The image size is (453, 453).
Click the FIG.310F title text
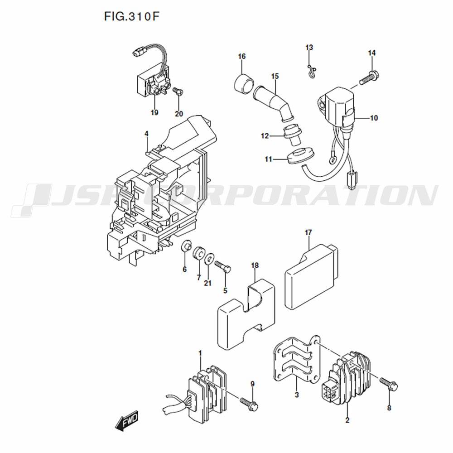[x=131, y=16]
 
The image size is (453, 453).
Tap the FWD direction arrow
[x=126, y=421]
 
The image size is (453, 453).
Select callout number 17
[x=308, y=232]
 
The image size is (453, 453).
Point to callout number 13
[x=309, y=47]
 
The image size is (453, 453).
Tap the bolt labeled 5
[x=223, y=266]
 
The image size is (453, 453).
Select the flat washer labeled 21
[x=209, y=258]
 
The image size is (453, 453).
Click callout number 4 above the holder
[x=146, y=134]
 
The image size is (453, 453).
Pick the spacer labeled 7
[x=198, y=252]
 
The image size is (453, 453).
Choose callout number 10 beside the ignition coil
[x=374, y=118]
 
